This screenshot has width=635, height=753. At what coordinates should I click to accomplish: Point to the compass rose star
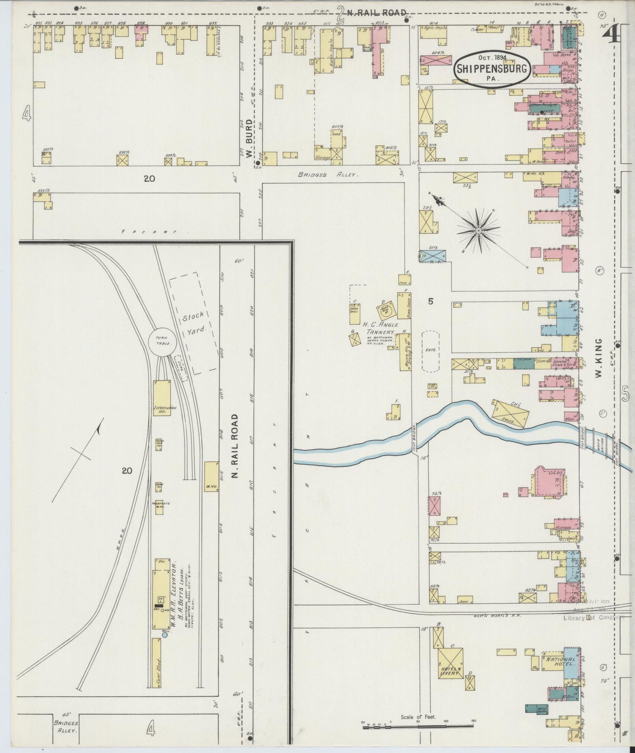478,231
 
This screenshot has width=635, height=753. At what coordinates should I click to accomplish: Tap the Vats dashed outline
431,351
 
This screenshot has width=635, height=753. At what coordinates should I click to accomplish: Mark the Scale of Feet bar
417,727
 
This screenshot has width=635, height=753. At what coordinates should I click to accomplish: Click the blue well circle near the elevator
165,634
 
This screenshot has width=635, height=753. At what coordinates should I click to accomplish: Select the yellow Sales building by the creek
510,413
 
